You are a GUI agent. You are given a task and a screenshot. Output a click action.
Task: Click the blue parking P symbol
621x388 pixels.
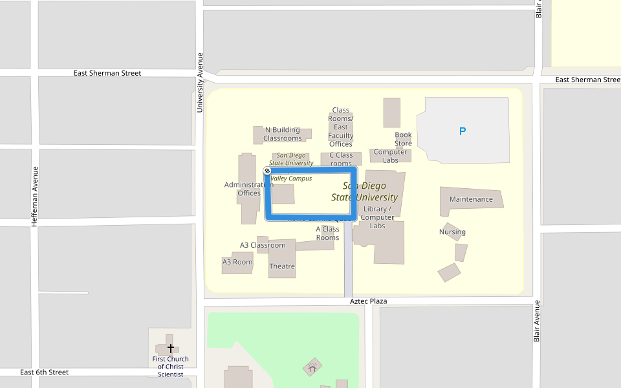click(463, 131)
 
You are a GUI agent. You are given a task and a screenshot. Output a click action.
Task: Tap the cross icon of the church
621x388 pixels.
click(171, 348)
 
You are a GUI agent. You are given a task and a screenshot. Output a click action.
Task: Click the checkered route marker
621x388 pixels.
click(268, 171)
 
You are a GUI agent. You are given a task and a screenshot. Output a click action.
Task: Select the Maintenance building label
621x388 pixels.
click(471, 199)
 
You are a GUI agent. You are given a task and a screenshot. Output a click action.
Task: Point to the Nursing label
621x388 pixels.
click(452, 232)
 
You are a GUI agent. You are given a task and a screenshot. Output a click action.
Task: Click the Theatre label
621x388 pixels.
click(282, 266)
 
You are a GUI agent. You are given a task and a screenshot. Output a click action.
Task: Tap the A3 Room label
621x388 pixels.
click(237, 262)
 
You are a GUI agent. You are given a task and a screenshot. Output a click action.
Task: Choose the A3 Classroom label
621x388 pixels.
click(263, 245)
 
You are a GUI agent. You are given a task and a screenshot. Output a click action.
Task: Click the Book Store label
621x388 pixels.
click(403, 139)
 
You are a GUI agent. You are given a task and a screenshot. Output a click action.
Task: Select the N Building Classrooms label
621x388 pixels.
click(283, 134)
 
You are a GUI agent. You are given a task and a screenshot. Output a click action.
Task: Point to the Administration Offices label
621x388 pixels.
click(249, 189)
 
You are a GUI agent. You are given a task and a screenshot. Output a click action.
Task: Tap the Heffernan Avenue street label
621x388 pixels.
click(35, 196)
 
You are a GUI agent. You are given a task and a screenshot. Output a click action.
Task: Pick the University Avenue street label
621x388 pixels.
click(200, 82)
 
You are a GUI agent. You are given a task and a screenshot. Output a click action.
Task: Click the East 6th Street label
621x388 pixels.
click(44, 372)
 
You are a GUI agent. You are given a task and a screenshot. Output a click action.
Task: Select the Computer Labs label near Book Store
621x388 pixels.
click(391, 156)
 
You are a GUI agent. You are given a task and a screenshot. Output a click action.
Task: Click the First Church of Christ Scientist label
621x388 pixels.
click(171, 367)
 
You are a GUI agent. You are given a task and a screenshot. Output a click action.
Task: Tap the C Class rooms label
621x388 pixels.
click(341, 159)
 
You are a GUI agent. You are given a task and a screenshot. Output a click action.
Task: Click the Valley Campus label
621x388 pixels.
click(292, 178)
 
